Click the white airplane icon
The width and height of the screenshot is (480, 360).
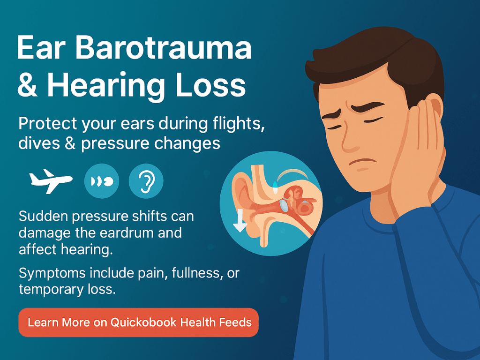point(51,180)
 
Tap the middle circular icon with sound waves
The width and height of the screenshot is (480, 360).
point(101,180)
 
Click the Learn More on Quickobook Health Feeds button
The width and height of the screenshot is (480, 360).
point(138,322)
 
